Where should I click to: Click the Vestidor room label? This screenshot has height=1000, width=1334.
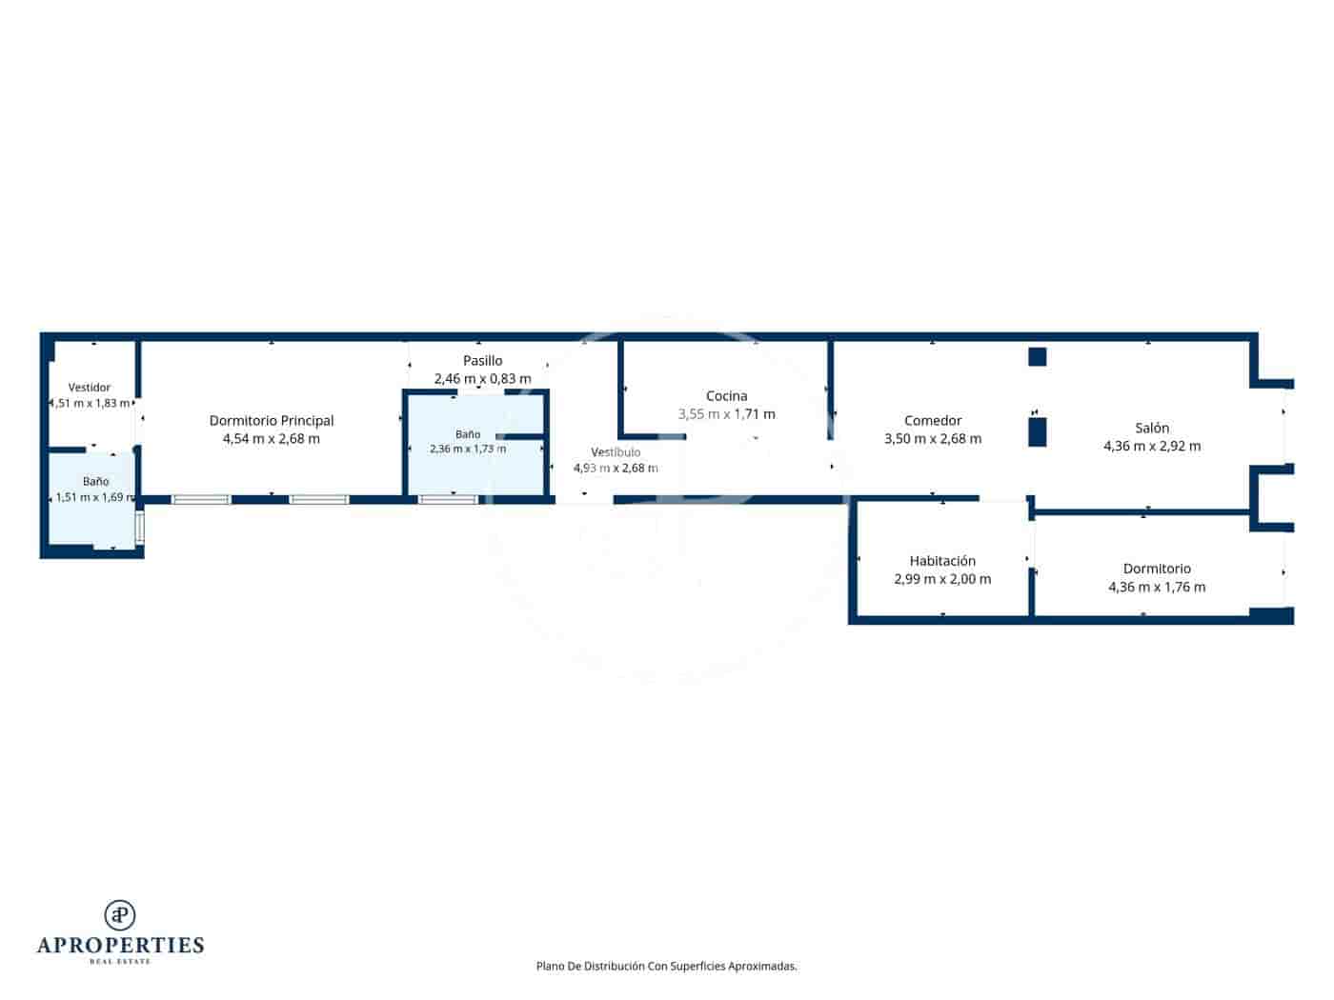89,387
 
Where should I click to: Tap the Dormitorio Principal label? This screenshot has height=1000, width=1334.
271,420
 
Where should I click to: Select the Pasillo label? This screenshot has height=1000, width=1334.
482,360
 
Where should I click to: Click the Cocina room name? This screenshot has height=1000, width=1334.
726,395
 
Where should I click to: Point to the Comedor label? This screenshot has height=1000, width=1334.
932,420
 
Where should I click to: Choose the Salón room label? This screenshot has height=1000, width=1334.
1152,428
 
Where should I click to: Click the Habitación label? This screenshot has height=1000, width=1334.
942,560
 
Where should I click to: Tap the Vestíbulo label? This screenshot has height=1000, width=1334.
615,451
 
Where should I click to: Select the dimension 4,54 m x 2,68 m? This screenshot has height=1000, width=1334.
271,438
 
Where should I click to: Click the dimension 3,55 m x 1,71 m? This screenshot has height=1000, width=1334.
726,413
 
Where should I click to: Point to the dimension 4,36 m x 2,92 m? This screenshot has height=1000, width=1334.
1152,446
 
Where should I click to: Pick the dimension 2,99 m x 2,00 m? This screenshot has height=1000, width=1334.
942,579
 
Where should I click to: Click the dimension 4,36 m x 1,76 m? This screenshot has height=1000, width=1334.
1157,587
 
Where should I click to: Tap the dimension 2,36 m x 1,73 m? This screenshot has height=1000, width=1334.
467,449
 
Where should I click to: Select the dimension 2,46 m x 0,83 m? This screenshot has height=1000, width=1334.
482,378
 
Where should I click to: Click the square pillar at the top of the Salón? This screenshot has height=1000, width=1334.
1037,357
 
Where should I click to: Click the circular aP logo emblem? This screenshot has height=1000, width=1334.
120,914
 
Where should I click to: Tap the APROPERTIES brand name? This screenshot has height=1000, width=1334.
120,946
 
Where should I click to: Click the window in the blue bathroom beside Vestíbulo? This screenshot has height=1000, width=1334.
448,500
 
